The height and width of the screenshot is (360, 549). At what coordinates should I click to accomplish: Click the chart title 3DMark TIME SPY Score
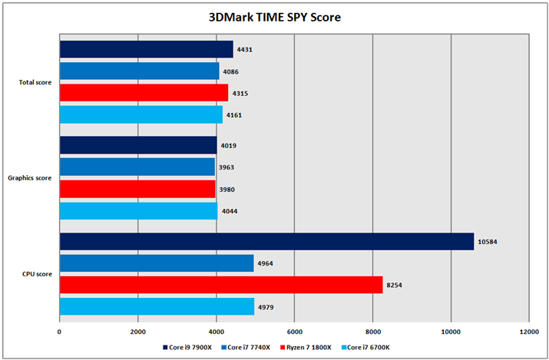[x=274, y=16]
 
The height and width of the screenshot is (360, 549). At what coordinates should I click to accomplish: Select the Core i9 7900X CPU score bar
[x=266, y=242]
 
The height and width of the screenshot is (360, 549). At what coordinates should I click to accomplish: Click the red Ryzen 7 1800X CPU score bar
[x=220, y=286]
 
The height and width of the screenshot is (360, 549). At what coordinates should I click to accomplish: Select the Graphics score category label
[x=30, y=178]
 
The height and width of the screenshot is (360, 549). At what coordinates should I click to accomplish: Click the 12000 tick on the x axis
[x=529, y=332]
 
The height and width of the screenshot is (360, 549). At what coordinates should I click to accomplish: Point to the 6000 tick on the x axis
[x=294, y=332]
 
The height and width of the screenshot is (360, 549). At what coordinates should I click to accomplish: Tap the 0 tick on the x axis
[x=60, y=332]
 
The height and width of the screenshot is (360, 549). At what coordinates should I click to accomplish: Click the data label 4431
[x=245, y=50]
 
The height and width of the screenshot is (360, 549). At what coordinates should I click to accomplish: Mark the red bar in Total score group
[x=144, y=93]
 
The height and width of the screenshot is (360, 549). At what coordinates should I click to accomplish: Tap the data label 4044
[x=230, y=211]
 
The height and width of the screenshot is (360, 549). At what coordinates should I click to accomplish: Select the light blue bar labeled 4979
[x=157, y=307]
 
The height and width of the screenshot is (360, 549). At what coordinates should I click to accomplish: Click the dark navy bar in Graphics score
[x=138, y=146]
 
